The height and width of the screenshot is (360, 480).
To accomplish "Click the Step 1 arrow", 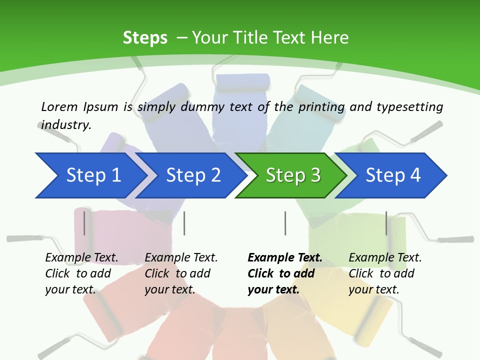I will [92, 175].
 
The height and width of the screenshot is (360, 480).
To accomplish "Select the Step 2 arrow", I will [192, 175].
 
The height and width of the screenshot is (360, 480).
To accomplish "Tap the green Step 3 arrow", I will [292, 175].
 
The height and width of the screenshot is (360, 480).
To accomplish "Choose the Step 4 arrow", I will [392, 175].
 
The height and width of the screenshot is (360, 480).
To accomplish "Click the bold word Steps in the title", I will [145, 38].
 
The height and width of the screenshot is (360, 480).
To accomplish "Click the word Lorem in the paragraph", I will [59, 106].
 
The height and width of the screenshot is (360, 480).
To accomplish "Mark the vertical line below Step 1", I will [84, 223].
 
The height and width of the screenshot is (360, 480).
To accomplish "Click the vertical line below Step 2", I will [184, 223].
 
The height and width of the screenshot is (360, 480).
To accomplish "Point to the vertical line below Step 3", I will [285, 223].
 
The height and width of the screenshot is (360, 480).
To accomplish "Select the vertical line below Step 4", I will [386, 223].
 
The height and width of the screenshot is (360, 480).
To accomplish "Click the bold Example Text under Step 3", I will [284, 258].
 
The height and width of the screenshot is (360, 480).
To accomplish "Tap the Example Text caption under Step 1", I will [81, 258].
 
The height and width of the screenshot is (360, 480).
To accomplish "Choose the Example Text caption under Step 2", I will [181, 258].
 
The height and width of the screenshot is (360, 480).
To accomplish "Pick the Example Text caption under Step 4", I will [385, 258].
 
